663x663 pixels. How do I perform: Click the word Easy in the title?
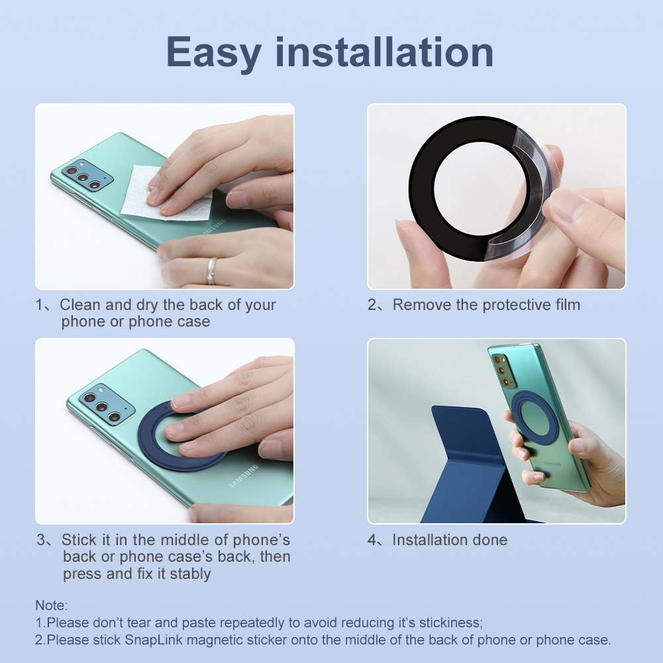tap(214, 53)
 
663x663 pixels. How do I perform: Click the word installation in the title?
tap(384, 52)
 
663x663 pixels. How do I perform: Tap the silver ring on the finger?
tap(211, 271)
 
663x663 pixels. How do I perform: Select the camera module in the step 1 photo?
tap(87, 175)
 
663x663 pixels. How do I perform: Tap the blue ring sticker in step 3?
tap(148, 444)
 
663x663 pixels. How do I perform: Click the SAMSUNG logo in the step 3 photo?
tap(244, 476)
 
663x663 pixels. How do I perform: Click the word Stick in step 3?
tap(80, 540)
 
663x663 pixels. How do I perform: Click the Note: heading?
tap(51, 605)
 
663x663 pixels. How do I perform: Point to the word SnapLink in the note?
tap(154, 640)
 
